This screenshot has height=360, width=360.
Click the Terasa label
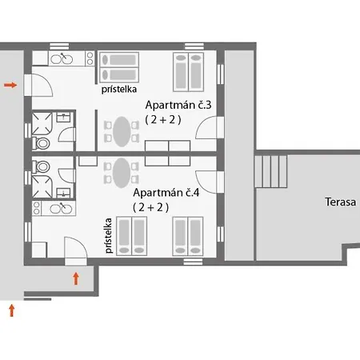341,202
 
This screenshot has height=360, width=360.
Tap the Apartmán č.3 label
178,105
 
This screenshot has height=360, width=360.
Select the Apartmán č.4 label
166,192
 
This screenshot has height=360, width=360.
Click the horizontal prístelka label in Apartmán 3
119,90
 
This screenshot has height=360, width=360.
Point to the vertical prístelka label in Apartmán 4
109,235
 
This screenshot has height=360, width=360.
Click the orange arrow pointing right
10,85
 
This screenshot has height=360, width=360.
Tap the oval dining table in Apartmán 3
122,131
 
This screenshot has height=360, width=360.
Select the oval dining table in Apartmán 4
122,173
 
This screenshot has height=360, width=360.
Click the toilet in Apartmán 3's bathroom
42,143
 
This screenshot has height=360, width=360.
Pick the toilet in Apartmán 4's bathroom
42,167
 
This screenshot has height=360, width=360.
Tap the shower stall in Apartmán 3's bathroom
42,124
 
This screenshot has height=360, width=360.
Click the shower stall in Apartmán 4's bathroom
42,186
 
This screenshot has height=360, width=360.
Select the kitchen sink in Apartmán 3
62,59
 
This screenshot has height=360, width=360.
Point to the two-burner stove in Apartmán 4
37,208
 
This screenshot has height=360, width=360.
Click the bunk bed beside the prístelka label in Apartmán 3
119,67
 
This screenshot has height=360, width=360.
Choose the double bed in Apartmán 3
189,72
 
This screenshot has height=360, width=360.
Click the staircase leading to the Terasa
271,171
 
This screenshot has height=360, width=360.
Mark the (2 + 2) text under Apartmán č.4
151,207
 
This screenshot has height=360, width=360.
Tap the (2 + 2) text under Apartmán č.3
163,120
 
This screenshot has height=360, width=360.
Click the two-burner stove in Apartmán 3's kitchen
90,58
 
